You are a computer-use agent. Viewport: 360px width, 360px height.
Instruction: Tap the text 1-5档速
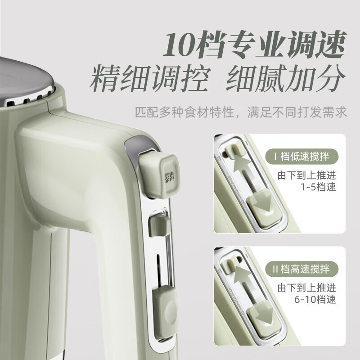319,188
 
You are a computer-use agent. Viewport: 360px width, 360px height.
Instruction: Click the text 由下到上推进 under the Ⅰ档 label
306,175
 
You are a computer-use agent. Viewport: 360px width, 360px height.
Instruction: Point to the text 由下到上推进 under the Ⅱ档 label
306,288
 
